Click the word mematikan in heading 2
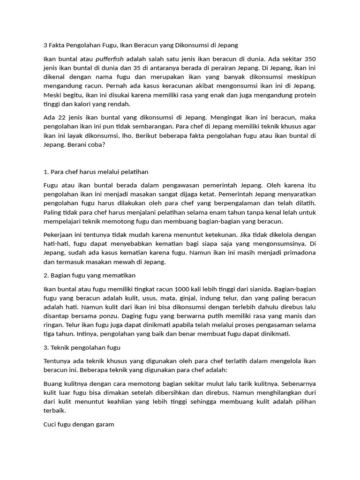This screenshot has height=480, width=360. click(x=120, y=275)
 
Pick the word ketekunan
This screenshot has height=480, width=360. click(x=217, y=234)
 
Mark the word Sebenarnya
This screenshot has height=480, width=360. click(x=293, y=383)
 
